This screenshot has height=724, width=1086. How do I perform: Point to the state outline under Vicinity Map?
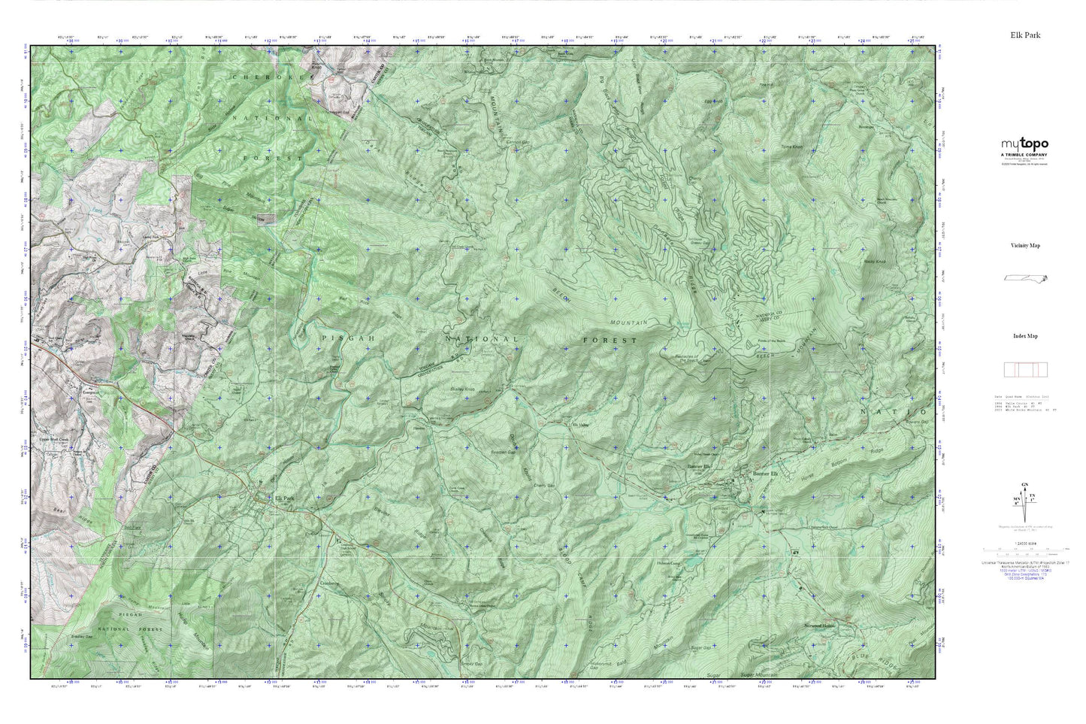pyautogui.click(x=1026, y=278)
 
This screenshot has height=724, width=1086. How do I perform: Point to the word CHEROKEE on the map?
pyautogui.click(x=273, y=77)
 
